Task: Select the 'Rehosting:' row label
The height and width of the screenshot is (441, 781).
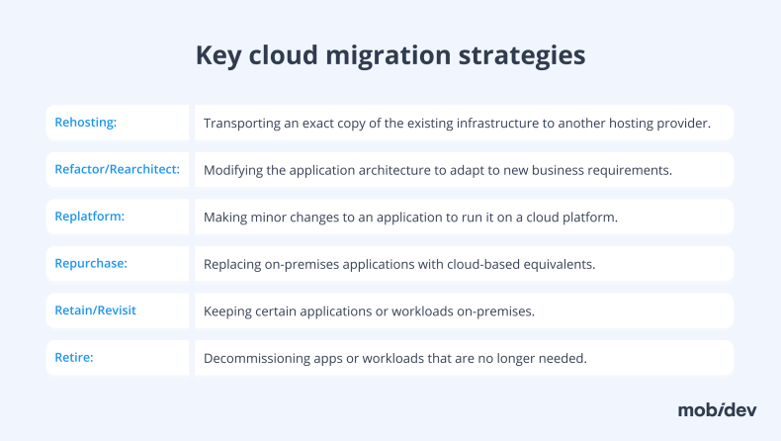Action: point(86,123)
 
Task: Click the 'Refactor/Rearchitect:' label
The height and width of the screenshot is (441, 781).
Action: point(117,169)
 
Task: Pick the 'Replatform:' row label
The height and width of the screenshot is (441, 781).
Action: point(89,217)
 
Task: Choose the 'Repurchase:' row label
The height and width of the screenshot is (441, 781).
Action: point(90,264)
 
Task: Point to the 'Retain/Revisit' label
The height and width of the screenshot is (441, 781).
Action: point(95,310)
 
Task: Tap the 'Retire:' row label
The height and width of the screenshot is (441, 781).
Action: point(74,357)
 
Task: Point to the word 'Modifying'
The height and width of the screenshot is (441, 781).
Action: point(233,170)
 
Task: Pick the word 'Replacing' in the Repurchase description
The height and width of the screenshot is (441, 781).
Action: point(233,265)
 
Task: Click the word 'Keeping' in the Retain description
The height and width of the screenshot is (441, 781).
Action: point(227,311)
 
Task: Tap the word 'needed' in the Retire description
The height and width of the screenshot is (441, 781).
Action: point(564,358)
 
